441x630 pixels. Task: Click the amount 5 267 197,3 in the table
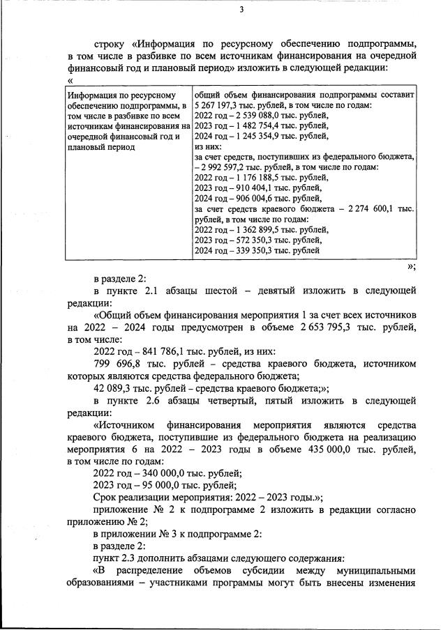click(217, 105)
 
